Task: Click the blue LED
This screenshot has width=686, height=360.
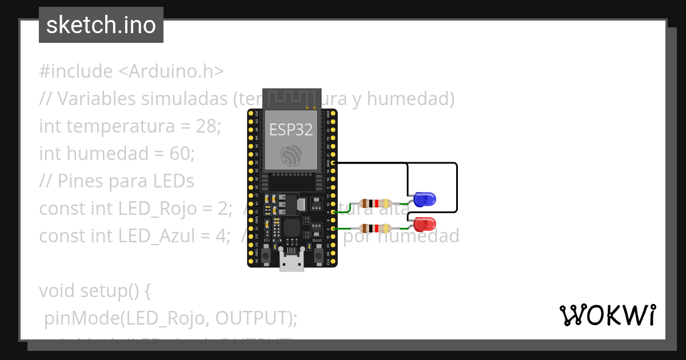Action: (x=425, y=199)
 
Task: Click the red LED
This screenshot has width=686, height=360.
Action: (x=425, y=223)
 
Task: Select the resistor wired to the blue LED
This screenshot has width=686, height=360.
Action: (x=375, y=203)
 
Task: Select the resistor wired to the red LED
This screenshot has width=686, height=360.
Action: (x=375, y=228)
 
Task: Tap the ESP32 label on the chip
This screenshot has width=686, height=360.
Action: (x=292, y=130)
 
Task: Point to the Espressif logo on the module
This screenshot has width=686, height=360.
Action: (x=292, y=154)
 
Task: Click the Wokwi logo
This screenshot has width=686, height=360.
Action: (x=607, y=315)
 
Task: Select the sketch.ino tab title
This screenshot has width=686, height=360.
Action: (x=101, y=25)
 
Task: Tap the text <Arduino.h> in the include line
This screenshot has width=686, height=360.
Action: (x=171, y=71)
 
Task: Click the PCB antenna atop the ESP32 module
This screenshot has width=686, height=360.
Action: (x=292, y=98)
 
